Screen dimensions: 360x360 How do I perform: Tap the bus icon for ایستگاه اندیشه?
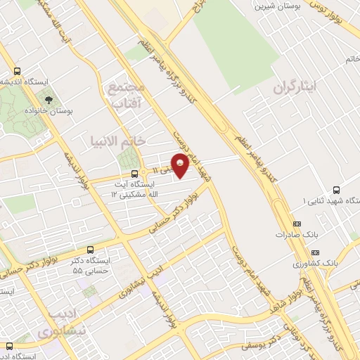(18, 71)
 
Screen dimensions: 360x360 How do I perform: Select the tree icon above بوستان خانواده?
(49, 98)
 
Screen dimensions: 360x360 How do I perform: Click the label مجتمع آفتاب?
(126, 96)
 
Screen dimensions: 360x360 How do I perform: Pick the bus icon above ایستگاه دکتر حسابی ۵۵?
(89, 250)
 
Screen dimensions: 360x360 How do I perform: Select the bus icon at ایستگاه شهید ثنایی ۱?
(335, 189)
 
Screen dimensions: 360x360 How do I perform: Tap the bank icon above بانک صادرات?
(295, 224)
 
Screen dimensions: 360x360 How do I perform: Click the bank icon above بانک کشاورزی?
(314, 252)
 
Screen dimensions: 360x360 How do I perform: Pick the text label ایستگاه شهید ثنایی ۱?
(304, 201)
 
